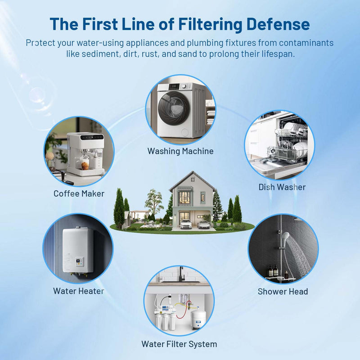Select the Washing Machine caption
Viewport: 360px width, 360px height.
[x=180, y=151]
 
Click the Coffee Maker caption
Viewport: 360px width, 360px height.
[x=79, y=193]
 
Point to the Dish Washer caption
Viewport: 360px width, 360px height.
[x=282, y=187]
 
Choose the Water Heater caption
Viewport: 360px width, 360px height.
[x=79, y=291]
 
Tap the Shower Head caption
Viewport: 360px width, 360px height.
[x=283, y=291]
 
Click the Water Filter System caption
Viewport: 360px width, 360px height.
[x=179, y=344]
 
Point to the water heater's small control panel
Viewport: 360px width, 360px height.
[x=80, y=262]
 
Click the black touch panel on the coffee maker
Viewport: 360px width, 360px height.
[x=92, y=137]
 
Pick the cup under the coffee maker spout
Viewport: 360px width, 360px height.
[x=85, y=166]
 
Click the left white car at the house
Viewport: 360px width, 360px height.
[x=186, y=224]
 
